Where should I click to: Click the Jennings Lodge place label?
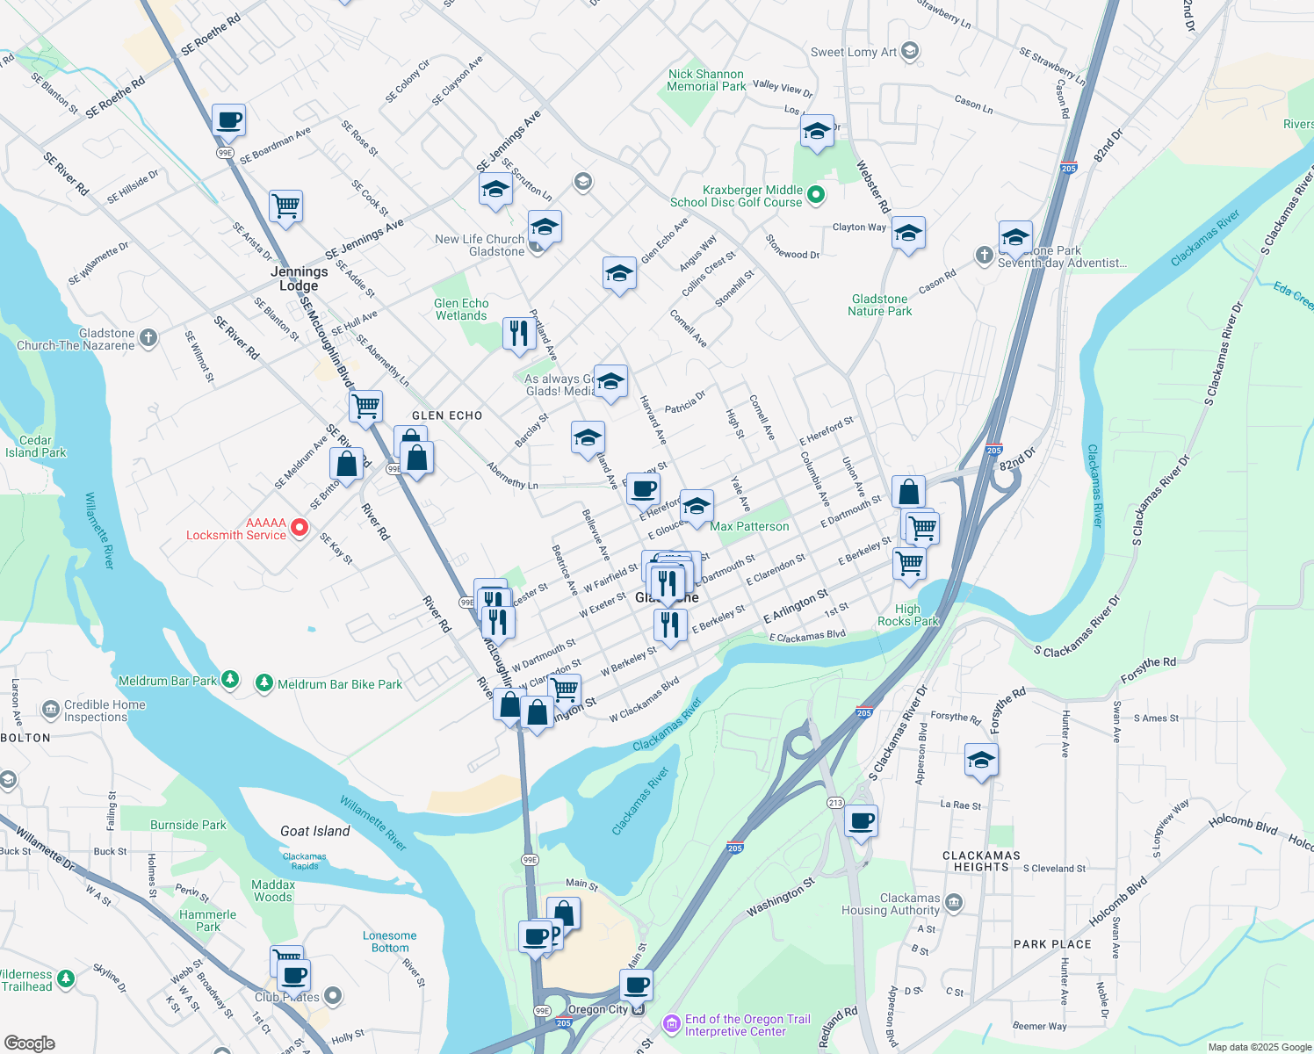click(x=299, y=278)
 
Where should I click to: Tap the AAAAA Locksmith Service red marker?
click(x=300, y=528)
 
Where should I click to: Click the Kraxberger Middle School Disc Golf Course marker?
click(x=816, y=195)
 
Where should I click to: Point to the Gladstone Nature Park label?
click(x=879, y=305)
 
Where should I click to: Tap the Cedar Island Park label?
click(x=35, y=446)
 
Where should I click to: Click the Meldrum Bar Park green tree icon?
click(x=230, y=679)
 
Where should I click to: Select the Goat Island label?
click(x=314, y=831)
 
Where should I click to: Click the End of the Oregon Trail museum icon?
click(x=672, y=1023)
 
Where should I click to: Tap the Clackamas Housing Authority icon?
click(x=955, y=903)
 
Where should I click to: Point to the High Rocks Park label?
click(x=907, y=615)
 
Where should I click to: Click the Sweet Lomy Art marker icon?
click(x=910, y=51)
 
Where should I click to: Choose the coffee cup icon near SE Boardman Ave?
click(x=228, y=120)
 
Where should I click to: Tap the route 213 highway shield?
click(x=834, y=803)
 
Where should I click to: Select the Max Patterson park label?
click(x=749, y=526)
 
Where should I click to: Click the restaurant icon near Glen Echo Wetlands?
click(x=519, y=334)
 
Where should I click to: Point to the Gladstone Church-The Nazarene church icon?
click(x=148, y=337)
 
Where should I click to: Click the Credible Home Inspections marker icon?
click(x=51, y=708)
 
